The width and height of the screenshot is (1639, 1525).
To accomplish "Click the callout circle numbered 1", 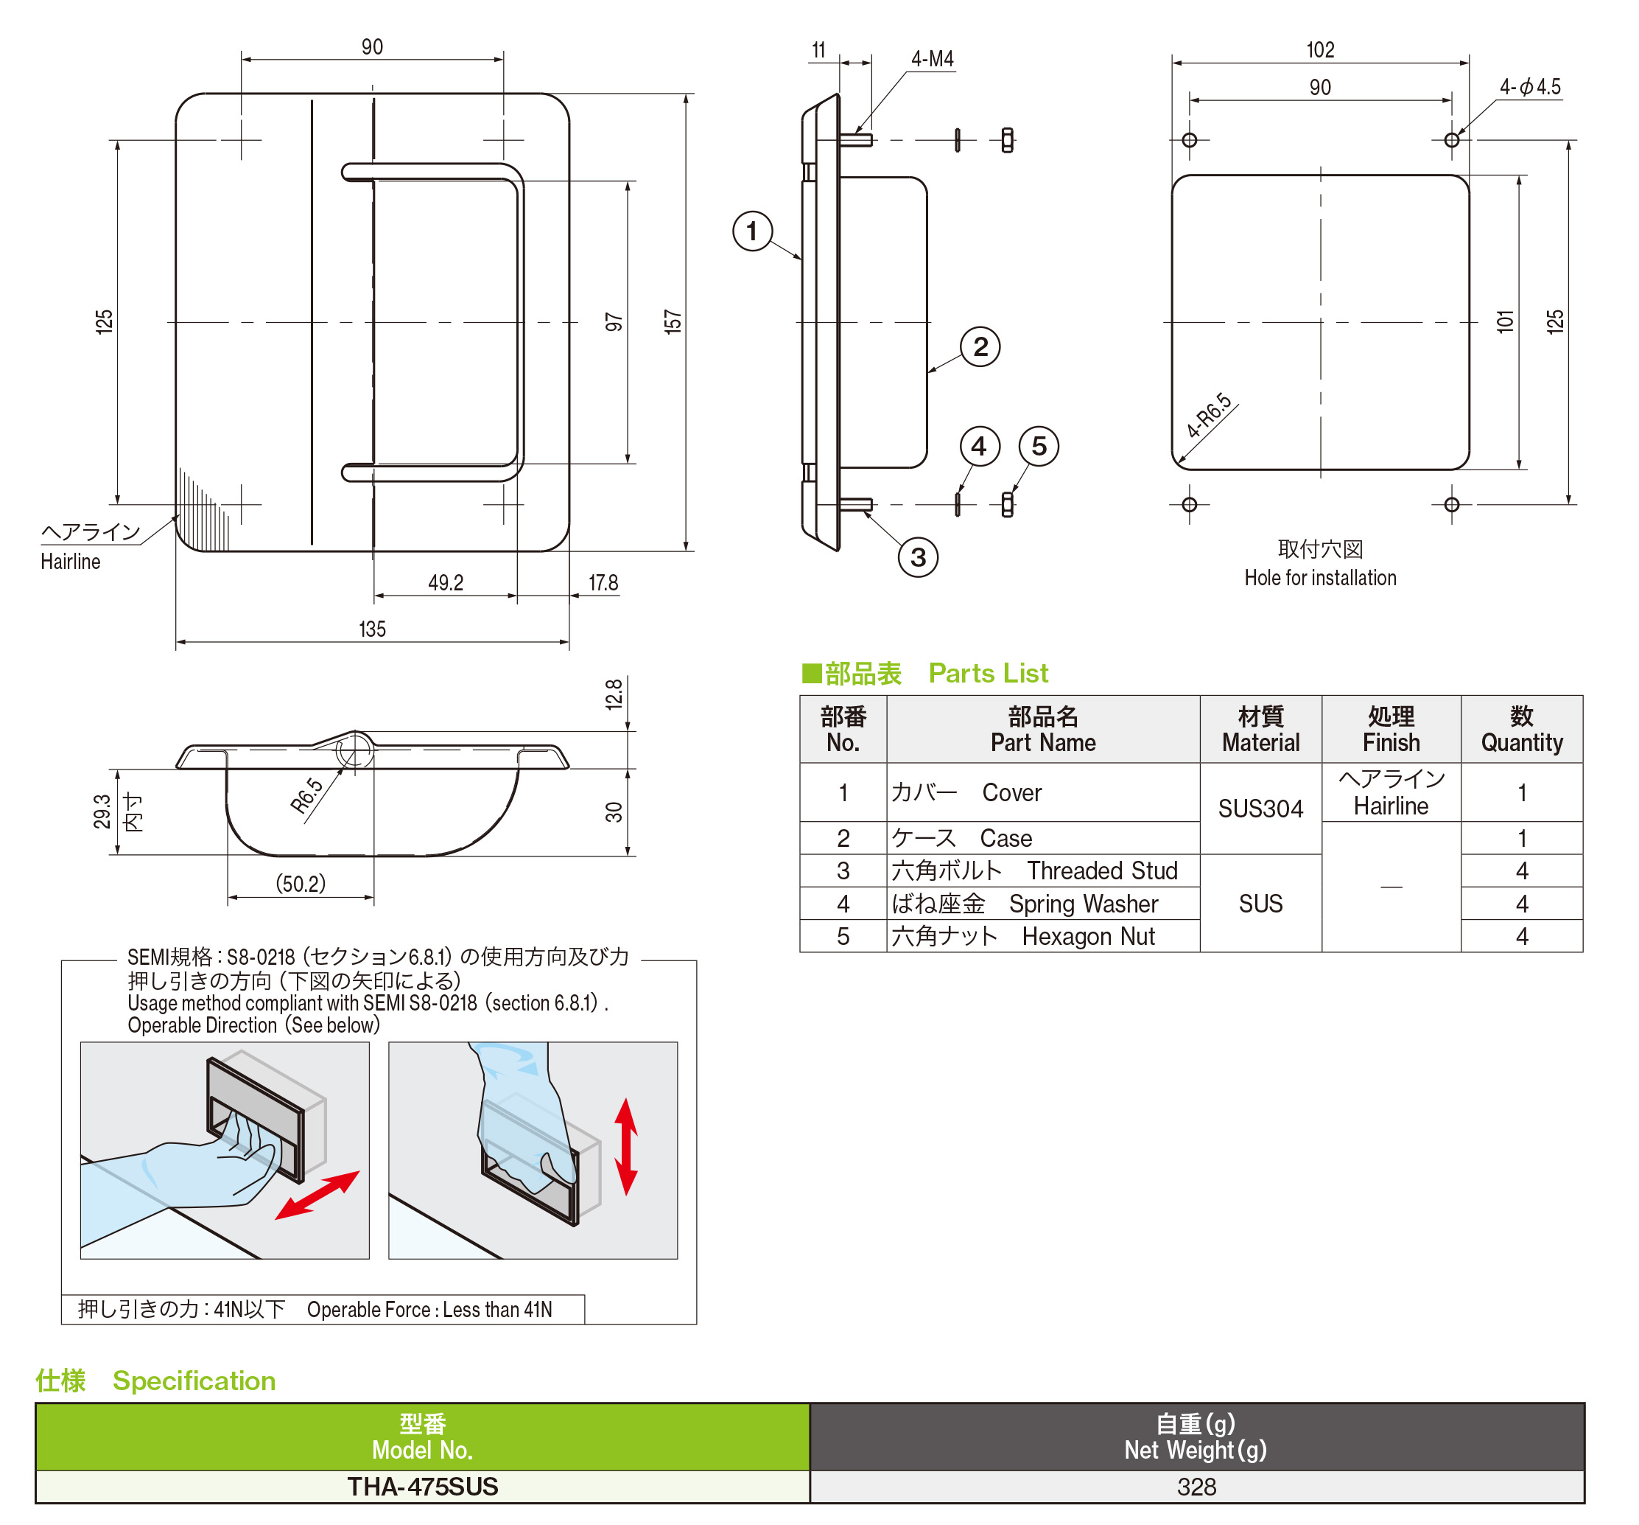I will click(752, 231).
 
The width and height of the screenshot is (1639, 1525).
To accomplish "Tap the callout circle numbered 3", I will click(918, 557).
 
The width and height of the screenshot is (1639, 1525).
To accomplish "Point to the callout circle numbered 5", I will click(1039, 446).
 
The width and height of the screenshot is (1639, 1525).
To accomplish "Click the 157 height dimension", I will click(673, 321).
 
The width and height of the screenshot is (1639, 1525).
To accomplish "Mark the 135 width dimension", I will click(372, 629).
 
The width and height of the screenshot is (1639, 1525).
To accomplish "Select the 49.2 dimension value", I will click(445, 583).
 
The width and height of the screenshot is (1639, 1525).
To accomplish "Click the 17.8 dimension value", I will click(603, 583).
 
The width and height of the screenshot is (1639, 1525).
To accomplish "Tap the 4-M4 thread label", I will click(932, 60).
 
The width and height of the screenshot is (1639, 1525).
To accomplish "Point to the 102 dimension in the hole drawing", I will click(1320, 50).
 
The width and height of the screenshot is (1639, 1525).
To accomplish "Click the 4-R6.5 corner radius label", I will click(1209, 416).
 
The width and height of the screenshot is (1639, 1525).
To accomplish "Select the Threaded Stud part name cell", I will click(1042, 870).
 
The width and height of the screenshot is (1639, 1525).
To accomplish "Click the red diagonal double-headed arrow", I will click(317, 1194).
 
